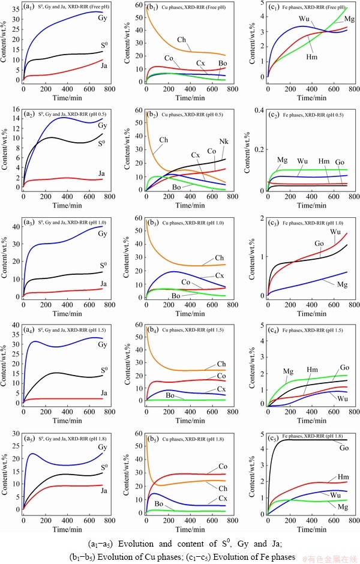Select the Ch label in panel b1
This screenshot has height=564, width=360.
(x=182, y=40)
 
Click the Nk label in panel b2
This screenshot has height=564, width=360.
(x=224, y=142)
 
